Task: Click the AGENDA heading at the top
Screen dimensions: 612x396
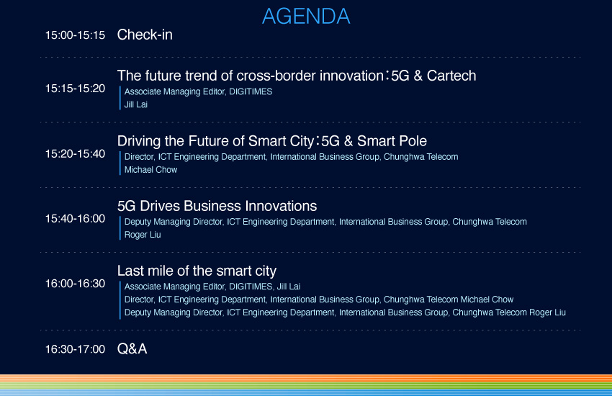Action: [306, 17]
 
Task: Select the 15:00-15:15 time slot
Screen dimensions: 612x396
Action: [75, 35]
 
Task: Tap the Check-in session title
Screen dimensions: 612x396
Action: [145, 35]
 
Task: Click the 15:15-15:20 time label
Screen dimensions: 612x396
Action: [75, 89]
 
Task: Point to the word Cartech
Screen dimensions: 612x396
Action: [451, 76]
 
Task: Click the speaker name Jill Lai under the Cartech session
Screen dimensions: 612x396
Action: [136, 104]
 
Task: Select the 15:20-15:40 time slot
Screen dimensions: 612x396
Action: [75, 153]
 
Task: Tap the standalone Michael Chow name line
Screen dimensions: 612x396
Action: [150, 170]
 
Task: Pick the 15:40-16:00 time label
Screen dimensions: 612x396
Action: [75, 218]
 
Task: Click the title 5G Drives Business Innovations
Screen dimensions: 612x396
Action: [217, 206]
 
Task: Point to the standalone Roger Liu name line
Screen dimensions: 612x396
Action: [143, 235]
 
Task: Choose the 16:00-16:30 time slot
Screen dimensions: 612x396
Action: [75, 284]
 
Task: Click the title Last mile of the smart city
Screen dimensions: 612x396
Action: [197, 271]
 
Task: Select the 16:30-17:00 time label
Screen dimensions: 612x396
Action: [75, 349]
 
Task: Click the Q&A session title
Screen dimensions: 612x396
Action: [132, 348]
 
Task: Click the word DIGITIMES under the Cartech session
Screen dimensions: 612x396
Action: [251, 91]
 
